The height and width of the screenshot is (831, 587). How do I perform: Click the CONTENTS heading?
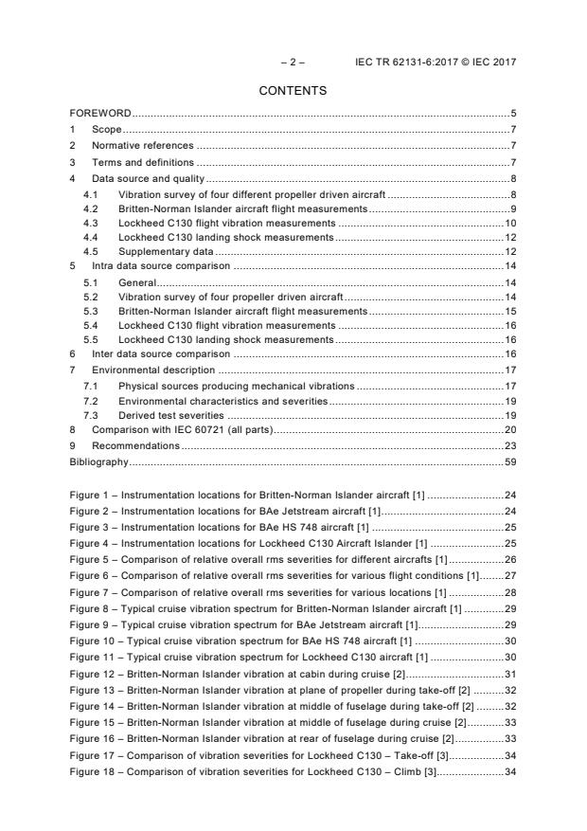click(293, 91)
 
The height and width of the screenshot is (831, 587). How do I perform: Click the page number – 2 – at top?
click(293, 63)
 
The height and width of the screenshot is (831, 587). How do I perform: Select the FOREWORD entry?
click(100, 114)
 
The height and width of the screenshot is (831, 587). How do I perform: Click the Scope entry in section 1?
click(107, 129)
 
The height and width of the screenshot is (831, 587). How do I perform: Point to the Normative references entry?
click(142, 146)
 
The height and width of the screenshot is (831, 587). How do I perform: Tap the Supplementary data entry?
click(165, 251)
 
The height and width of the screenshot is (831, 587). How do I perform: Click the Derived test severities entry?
click(171, 415)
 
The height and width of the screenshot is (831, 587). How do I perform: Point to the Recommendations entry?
click(135, 445)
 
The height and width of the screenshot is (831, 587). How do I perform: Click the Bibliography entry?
click(99, 461)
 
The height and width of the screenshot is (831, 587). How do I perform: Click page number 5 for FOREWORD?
click(513, 114)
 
